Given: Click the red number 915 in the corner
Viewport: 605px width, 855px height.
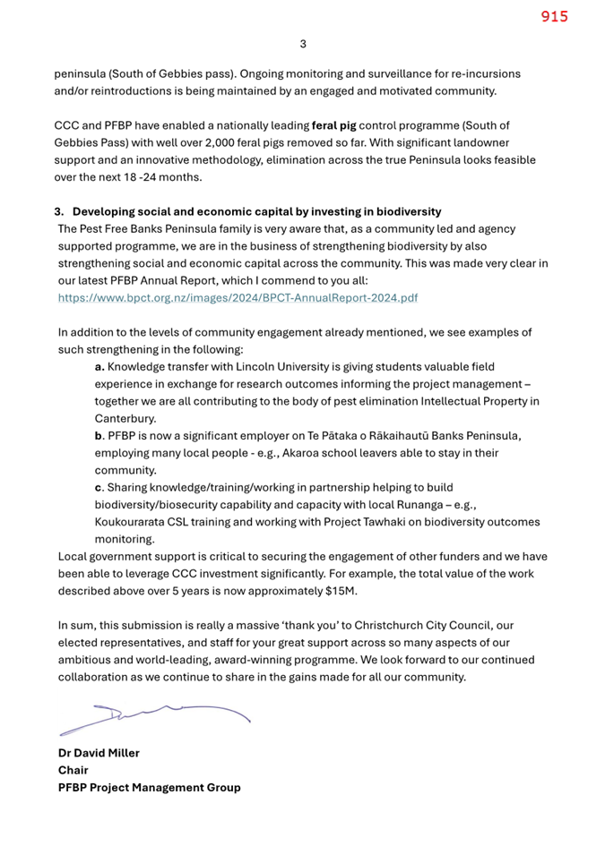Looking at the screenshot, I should coord(554,16).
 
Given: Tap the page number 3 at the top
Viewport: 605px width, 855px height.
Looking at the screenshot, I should coord(302,43).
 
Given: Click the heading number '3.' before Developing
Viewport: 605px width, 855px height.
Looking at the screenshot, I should coord(60,212).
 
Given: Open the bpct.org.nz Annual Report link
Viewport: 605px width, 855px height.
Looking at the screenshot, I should coord(238,297).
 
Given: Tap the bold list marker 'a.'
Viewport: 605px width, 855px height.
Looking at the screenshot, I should coord(100,367).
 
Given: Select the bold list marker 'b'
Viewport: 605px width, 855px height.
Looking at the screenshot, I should coord(99,435).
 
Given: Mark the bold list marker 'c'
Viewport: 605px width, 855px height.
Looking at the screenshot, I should coord(99,487).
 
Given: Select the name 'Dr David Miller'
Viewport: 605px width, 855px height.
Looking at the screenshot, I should coord(99,753).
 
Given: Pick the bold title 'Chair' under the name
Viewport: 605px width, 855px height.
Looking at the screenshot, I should coord(73,770).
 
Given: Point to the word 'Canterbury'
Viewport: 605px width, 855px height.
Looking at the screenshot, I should coord(125,418).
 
